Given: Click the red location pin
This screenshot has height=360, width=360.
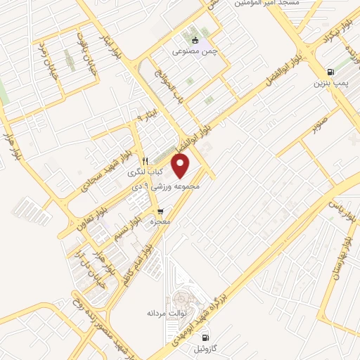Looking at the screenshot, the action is point(181,166).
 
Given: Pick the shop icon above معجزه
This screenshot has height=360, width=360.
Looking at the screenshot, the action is point(161,211).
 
